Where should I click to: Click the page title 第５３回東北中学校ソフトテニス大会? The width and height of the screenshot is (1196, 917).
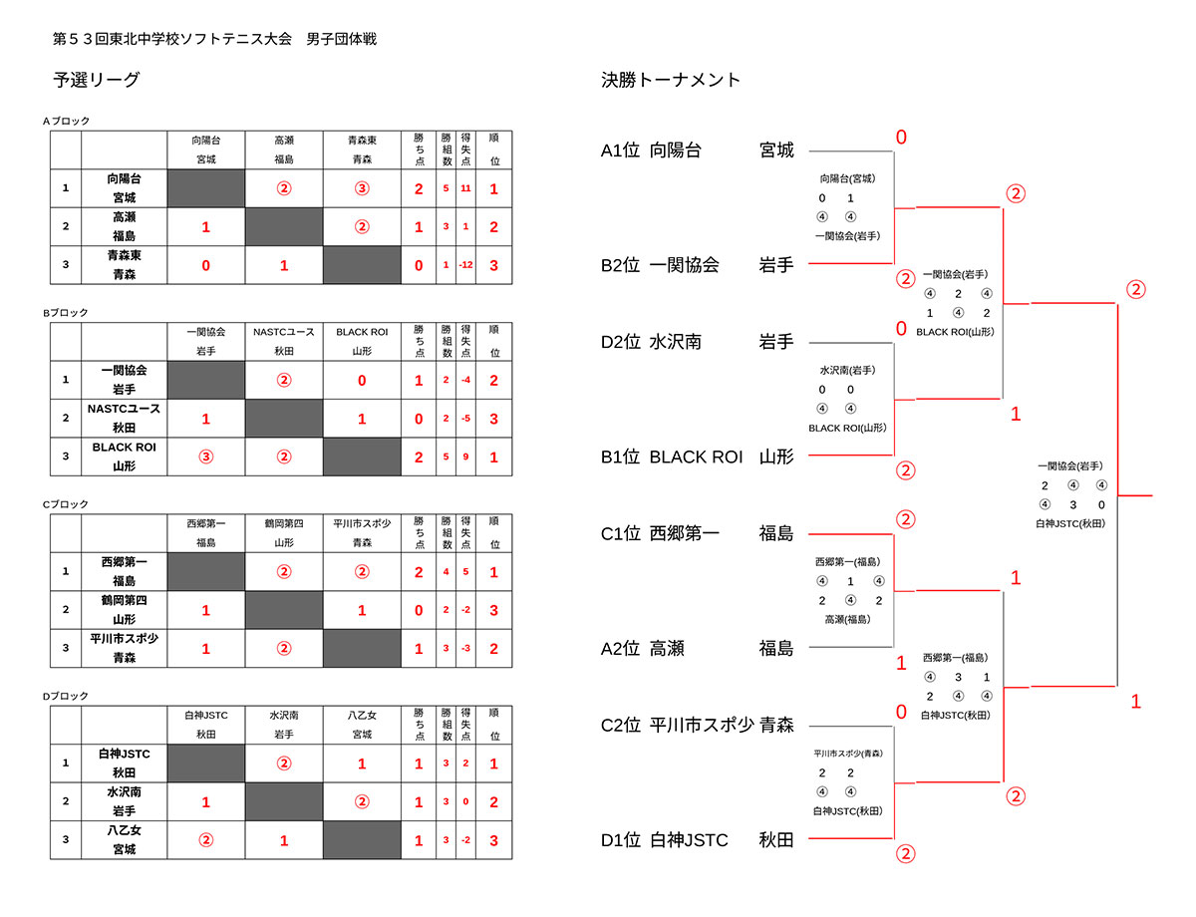tap(171, 39)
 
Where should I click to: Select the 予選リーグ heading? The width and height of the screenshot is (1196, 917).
tap(97, 80)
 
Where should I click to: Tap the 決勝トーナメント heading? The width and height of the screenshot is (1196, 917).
tap(670, 80)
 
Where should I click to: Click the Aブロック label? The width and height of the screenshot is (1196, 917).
tap(66, 121)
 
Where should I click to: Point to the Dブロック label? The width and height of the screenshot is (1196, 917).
tap(66, 696)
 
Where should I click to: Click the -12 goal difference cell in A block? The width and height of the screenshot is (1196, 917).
tap(465, 265)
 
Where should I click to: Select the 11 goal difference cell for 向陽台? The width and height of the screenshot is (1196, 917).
tap(465, 188)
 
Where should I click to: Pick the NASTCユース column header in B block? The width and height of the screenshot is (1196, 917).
tap(284, 332)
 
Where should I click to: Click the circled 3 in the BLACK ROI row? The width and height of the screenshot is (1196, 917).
tap(206, 457)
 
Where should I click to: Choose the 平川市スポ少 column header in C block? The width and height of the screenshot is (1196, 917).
tap(362, 523)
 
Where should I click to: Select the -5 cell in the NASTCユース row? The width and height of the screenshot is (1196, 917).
tap(465, 419)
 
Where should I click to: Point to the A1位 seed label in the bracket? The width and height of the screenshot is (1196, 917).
tap(620, 151)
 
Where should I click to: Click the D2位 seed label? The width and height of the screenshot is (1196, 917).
tap(620, 342)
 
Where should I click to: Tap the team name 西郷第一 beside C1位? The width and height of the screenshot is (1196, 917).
tap(684, 533)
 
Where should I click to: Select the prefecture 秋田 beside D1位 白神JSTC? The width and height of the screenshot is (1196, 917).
tap(776, 840)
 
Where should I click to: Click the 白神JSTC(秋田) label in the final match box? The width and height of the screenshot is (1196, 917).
tap(1070, 523)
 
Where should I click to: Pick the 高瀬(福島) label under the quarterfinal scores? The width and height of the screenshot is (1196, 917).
tap(847, 619)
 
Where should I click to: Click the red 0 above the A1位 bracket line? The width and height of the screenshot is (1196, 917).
tap(901, 138)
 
